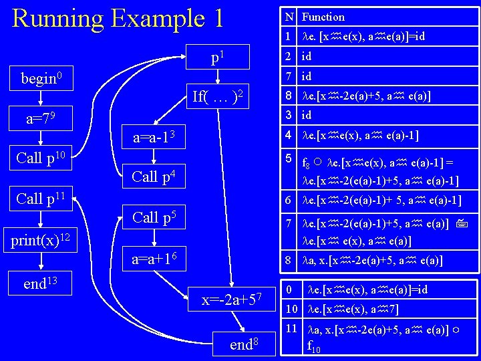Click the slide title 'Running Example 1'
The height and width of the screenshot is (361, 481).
click(118, 18)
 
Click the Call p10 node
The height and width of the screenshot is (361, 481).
click(39, 158)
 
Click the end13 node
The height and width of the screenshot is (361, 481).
click(40, 284)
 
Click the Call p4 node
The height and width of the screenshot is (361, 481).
click(154, 177)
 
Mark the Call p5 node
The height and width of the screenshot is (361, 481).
click(154, 217)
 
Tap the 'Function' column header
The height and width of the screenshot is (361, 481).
click(323, 17)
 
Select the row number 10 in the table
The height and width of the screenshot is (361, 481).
click(290, 310)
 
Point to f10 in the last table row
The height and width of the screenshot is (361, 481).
click(313, 347)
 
